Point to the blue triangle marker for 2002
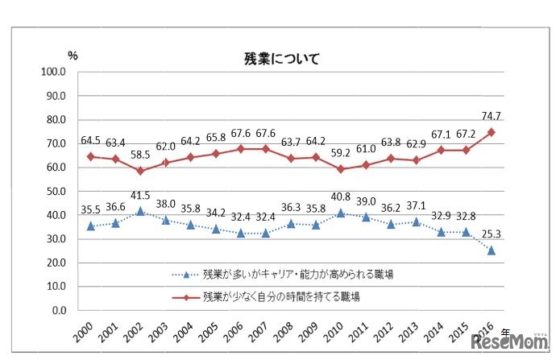139,211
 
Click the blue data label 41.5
139,195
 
